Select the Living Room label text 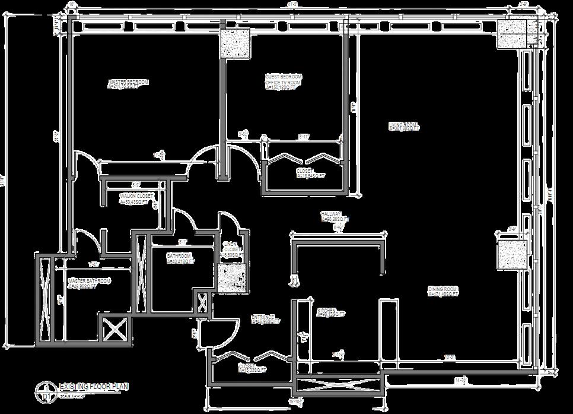[x=404, y=127]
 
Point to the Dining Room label [x=443, y=291]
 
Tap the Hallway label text [x=332, y=216]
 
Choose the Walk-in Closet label [x=137, y=198]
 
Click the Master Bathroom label [x=89, y=283]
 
